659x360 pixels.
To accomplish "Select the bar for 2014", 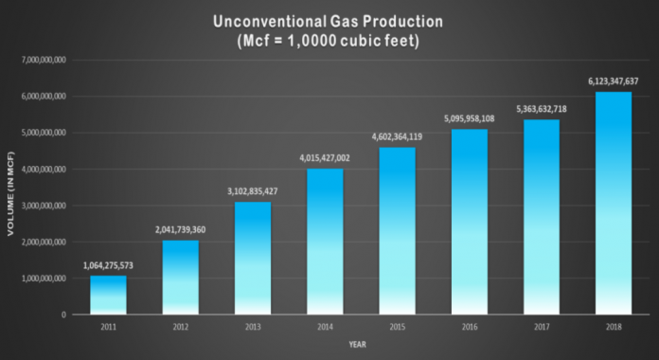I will [x=325, y=242].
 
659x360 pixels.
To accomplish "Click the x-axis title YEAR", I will [x=359, y=344].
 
